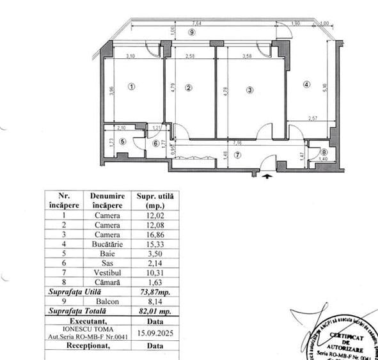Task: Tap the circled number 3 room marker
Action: (250, 90)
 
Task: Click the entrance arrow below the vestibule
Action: (265, 172)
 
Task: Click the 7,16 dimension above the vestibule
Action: (237, 141)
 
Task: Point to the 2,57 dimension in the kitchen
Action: (311, 119)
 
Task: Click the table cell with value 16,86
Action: (154, 234)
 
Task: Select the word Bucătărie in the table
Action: (107, 244)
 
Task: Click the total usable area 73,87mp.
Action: (154, 292)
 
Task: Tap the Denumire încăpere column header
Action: (107, 200)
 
